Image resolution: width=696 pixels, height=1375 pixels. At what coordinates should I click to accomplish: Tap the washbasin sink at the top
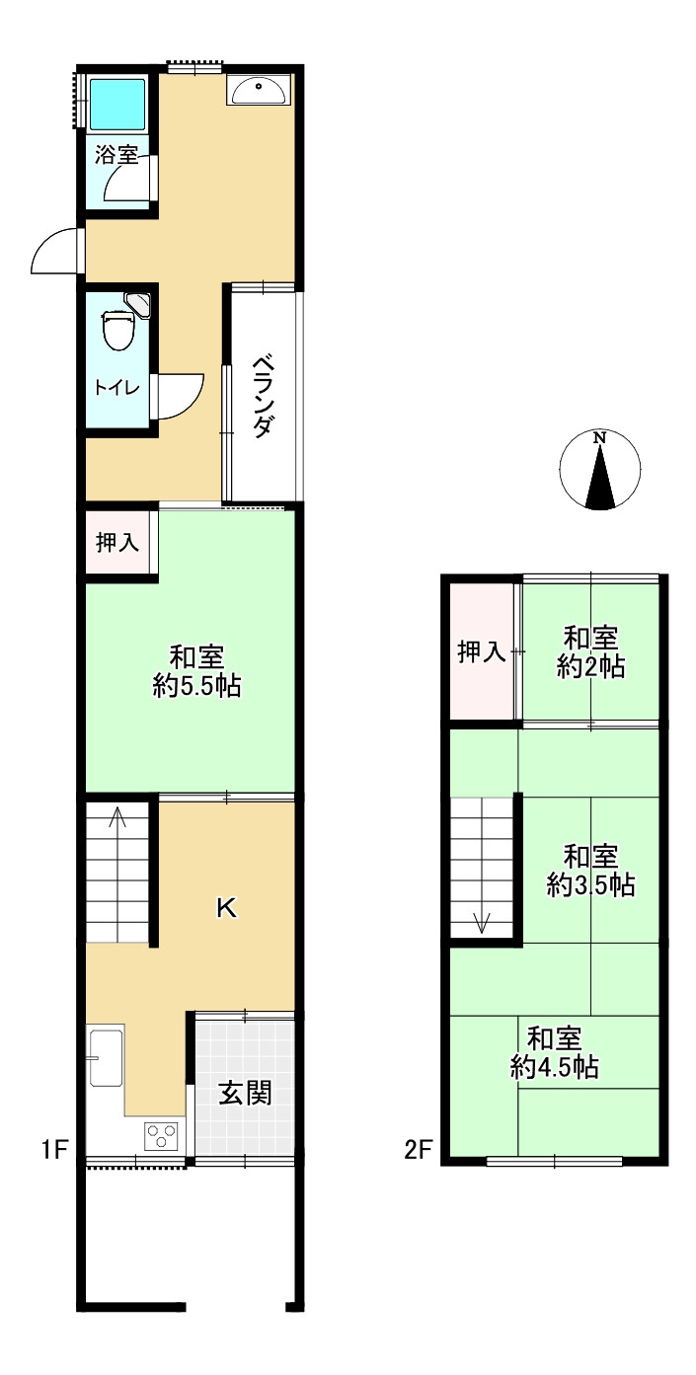(x=259, y=90)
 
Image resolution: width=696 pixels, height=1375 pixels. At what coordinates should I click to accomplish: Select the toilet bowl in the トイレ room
(x=118, y=331)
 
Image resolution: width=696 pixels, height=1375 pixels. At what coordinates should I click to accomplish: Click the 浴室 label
(x=116, y=155)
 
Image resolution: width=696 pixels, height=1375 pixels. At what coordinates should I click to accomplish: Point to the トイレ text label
(x=116, y=388)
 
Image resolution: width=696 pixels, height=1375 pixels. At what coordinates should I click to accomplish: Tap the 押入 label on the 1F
(x=117, y=543)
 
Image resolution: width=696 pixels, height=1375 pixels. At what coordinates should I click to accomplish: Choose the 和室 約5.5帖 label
(x=196, y=671)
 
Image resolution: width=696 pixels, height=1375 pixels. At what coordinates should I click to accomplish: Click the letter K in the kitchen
(x=226, y=907)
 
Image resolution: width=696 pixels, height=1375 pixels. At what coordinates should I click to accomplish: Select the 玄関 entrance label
(x=245, y=1093)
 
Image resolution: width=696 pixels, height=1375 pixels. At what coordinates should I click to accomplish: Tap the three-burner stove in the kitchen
(x=161, y=1135)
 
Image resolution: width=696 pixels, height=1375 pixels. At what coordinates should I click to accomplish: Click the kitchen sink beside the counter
(x=107, y=1057)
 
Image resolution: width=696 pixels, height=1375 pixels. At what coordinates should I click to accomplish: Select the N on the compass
(x=599, y=438)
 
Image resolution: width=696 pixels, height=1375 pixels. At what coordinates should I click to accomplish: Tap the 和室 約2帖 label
(x=591, y=651)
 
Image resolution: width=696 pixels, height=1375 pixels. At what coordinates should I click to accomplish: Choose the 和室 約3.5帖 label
(x=591, y=871)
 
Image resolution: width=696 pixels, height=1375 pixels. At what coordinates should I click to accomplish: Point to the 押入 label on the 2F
(x=482, y=651)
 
